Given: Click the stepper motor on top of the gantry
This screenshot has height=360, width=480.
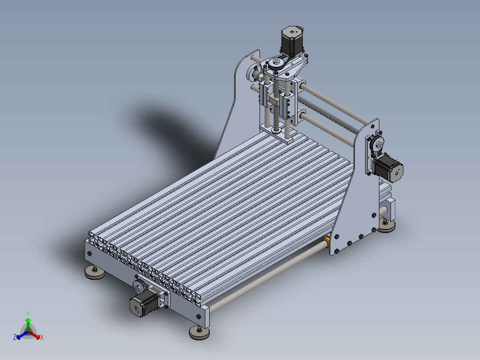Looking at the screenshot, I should (290, 41).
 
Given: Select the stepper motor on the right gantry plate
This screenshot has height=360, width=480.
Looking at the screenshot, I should (389, 168).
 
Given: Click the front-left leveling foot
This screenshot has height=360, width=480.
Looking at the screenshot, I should (95, 273).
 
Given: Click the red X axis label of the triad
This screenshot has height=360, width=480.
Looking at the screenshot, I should (42, 338).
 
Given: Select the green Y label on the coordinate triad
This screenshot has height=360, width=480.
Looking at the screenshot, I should (28, 313).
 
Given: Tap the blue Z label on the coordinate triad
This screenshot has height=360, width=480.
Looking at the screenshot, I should (15, 338).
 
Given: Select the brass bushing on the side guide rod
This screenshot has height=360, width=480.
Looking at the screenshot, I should (327, 242).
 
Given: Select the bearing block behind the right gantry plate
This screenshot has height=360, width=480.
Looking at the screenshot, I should (387, 207).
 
